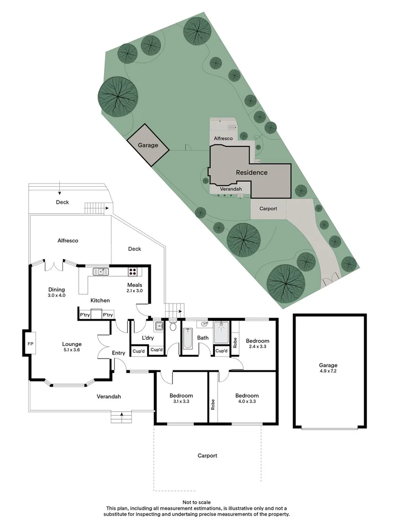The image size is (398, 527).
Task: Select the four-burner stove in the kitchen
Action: pos(132,271)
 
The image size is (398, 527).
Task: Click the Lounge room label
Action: pos(72,344)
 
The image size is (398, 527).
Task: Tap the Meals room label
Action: pos(135,285)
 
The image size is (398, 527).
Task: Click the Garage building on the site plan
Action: pos(148,145)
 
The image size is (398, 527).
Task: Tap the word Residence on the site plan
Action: pos(251,172)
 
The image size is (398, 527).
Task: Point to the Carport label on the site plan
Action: pos(268,209)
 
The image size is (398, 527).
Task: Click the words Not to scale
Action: pos(196,502)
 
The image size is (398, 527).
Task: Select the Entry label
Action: pos(119,353)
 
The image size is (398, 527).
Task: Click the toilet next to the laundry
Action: pos(172,327)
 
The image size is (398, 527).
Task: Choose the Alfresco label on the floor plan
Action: pos(68,241)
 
